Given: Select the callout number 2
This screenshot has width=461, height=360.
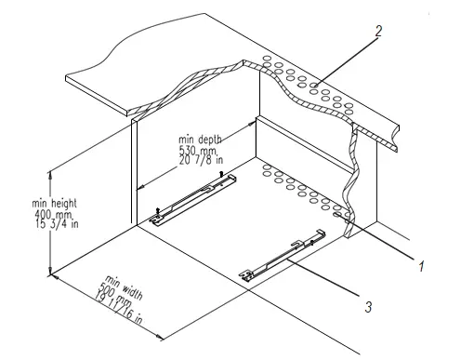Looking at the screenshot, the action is [378, 30].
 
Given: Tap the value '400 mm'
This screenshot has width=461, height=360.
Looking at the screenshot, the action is [28, 213].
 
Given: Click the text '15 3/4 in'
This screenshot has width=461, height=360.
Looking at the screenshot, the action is [29, 224].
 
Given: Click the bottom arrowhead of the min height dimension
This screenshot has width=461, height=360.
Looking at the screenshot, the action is [49, 273].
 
